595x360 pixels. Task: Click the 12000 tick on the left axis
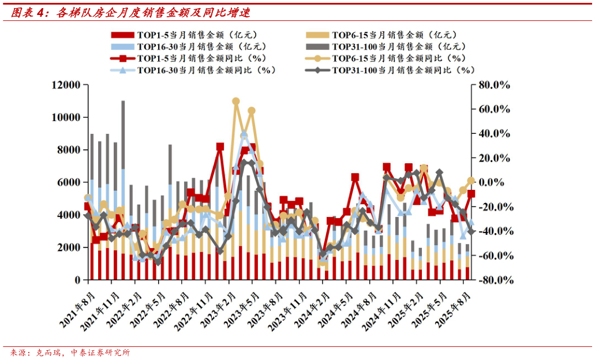pyautogui.click(x=65, y=85)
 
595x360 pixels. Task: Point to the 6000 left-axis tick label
pyautogui.click(x=69, y=182)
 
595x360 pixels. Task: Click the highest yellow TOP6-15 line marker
pyautogui.click(x=235, y=101)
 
